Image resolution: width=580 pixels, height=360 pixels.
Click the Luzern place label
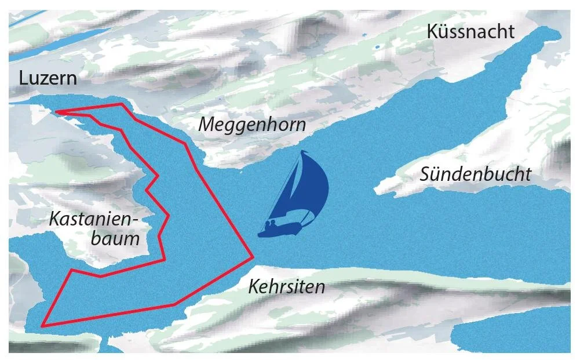point(48,78)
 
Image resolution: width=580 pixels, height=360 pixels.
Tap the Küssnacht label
point(470,31)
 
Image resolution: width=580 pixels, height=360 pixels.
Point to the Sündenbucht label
point(475,174)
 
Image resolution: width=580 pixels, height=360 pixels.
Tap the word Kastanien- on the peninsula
point(96,219)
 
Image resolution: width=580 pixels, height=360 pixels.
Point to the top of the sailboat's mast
point(302,151)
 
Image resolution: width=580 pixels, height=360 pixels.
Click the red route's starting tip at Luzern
point(56,111)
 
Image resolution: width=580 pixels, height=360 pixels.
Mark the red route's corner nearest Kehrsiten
point(253,256)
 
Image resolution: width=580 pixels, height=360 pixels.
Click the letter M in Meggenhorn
point(206,124)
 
